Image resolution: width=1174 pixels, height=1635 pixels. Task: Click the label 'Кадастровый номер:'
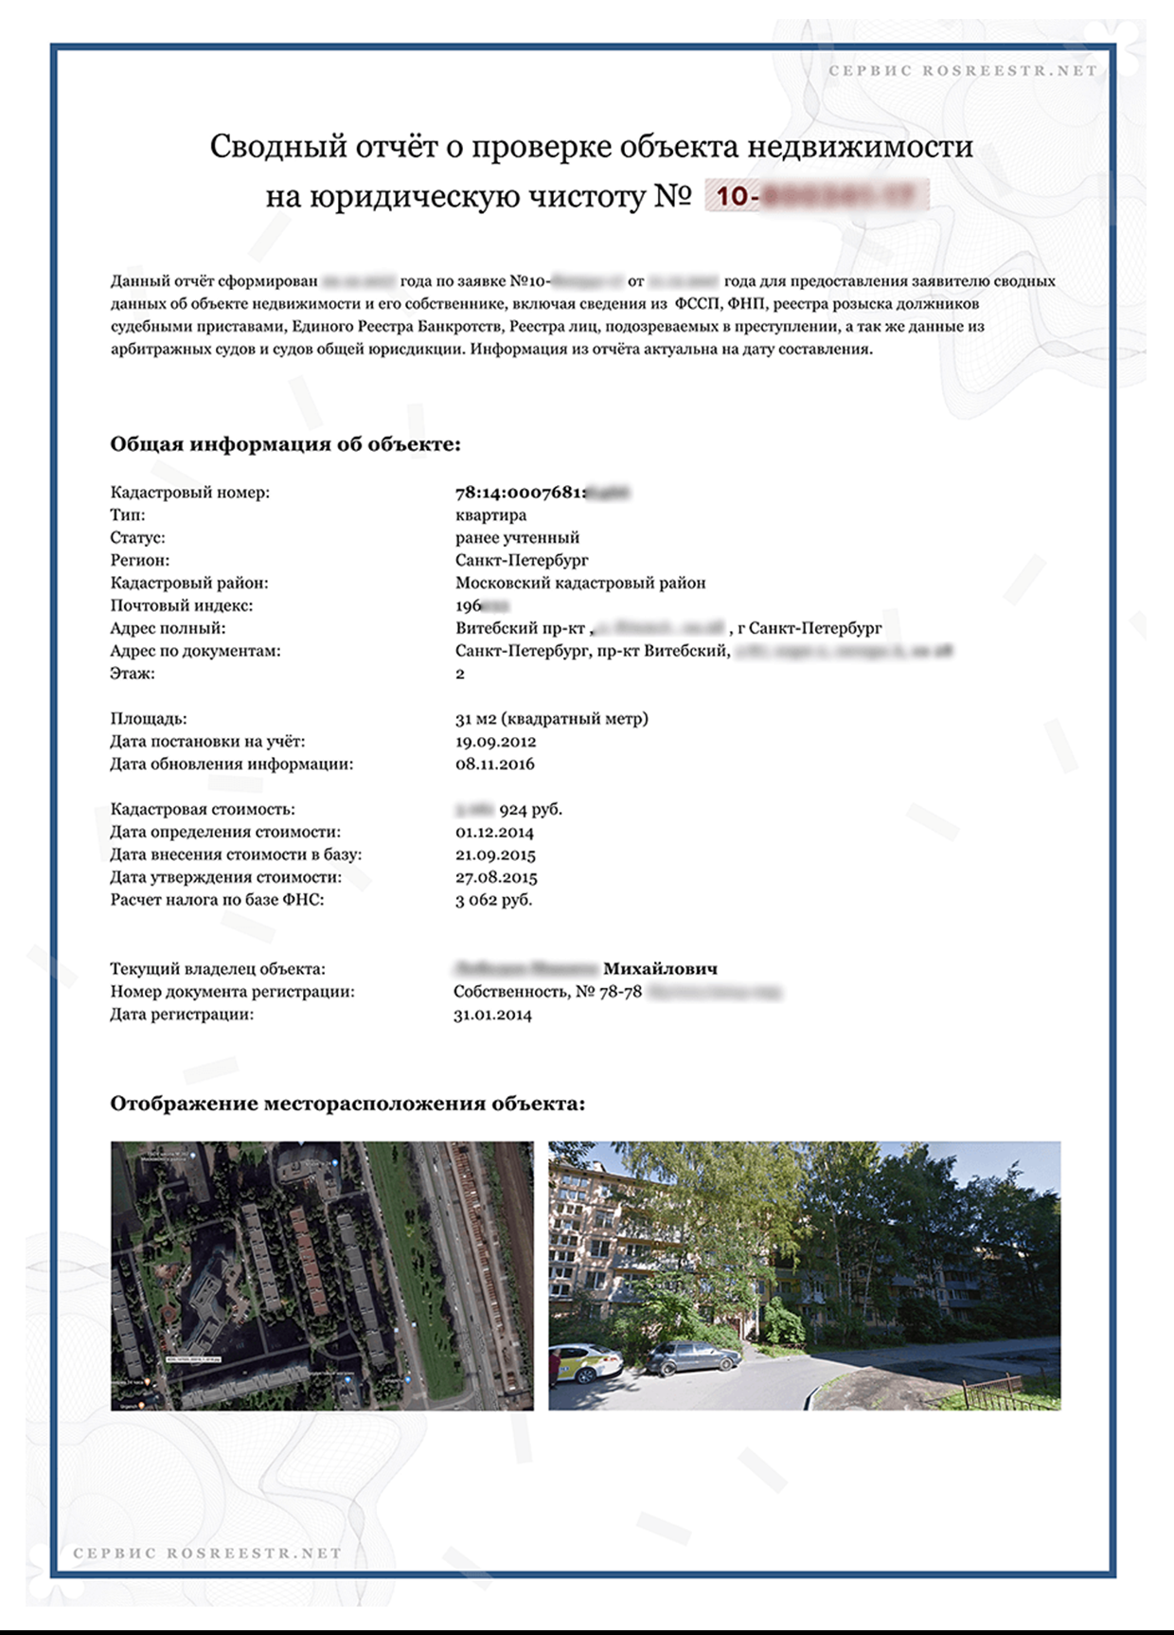coord(189,493)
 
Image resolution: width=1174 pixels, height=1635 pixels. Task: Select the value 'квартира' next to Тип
coord(490,515)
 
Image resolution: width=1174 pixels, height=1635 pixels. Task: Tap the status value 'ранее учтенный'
coord(517,538)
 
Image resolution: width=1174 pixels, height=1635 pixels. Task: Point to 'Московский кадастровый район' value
coord(580,583)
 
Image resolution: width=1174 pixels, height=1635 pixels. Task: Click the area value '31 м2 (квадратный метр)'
coord(551,718)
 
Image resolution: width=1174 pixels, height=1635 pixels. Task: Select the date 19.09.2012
coord(495,741)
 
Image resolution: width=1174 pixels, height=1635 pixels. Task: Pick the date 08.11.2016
coord(494,764)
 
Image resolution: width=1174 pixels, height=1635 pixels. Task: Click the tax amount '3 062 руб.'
coord(493,899)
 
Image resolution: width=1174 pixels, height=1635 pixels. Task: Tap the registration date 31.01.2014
coord(492,1015)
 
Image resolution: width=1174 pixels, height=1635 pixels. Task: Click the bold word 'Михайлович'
coord(660,969)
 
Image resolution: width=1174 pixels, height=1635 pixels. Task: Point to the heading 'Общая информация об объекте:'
coord(285,444)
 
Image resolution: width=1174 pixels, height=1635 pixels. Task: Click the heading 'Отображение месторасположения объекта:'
coord(347,1104)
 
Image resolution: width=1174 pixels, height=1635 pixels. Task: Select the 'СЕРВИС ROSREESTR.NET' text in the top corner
coord(962,70)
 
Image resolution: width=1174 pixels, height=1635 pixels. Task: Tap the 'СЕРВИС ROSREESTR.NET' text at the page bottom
coord(207,1554)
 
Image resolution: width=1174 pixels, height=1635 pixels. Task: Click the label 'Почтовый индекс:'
coord(181,605)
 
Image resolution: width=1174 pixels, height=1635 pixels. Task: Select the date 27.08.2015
coord(495,877)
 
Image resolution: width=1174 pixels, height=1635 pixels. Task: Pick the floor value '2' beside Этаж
coord(460,674)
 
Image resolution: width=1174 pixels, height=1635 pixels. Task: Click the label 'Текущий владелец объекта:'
coord(217,969)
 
